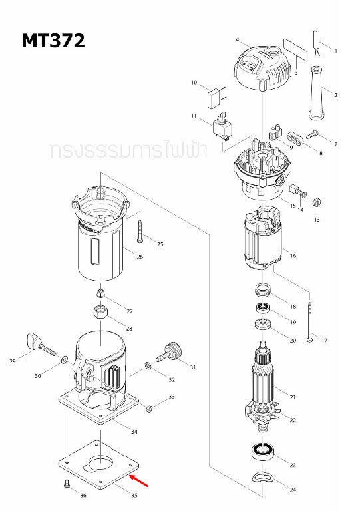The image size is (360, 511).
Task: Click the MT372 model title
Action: [x=53, y=41]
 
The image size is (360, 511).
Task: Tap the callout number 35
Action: [x=134, y=496]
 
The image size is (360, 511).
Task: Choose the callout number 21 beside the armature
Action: [x=291, y=397]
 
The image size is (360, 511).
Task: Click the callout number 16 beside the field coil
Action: [x=292, y=255]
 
